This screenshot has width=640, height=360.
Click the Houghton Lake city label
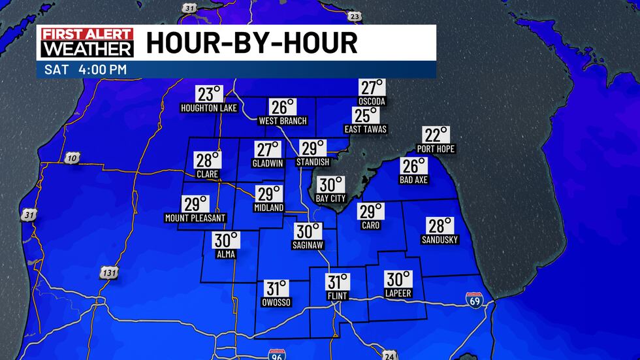pos(208,108)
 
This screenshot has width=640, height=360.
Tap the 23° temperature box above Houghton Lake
pos(210,93)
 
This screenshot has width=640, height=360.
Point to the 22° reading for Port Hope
pos(436,135)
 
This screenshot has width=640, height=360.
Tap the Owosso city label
pos(276,303)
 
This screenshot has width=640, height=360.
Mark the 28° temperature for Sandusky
pos(440,225)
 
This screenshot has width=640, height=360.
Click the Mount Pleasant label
pos(195,218)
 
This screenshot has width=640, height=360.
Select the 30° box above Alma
pos(227,240)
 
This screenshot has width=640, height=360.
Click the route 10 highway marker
pos(72,157)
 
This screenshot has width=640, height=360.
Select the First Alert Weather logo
pos(87,42)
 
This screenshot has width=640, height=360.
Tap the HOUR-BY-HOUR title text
pos(251,43)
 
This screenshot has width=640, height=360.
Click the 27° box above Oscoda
pos(372,88)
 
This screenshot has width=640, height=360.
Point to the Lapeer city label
pos(398,293)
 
